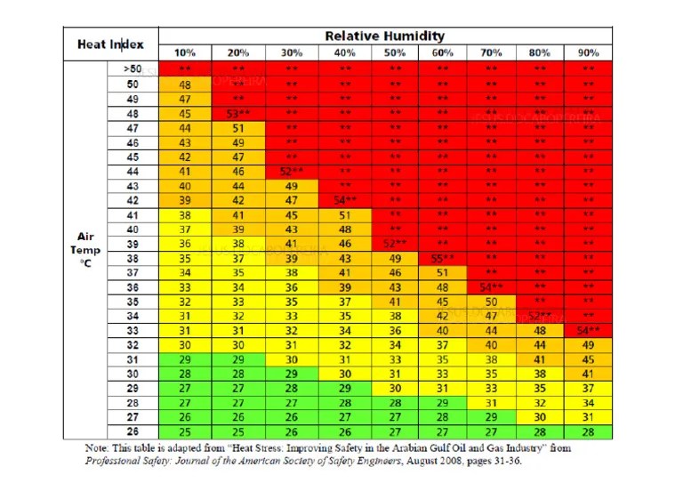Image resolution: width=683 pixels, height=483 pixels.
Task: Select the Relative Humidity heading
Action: point(384,36)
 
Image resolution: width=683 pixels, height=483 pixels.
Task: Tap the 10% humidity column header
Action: point(185,52)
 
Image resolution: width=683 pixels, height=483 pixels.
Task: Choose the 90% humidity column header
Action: point(588,52)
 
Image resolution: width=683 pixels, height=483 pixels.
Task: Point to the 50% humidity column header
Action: point(393,52)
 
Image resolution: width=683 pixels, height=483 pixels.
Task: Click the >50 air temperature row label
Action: point(133,68)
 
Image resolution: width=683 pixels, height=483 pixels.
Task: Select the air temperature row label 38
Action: point(133,258)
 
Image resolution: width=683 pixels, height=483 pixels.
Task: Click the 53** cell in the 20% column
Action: point(238,114)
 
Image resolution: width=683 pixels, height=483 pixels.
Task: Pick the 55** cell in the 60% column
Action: point(442,258)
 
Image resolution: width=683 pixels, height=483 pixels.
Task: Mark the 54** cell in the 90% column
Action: point(588,330)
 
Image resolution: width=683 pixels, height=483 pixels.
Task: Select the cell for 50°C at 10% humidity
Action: point(185,85)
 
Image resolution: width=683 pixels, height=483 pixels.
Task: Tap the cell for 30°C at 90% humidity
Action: point(588,374)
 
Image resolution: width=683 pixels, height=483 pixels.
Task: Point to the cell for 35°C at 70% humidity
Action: point(491,302)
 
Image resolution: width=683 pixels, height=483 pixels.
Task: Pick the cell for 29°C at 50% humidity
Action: point(393,388)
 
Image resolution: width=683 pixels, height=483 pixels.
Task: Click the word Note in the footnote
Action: point(97,448)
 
